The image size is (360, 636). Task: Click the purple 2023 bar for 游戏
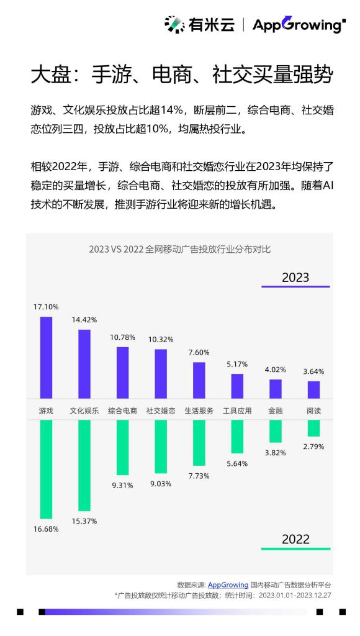pos(46,357)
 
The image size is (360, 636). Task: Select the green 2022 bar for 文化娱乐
pos(84,465)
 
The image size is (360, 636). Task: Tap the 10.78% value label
pos(122,337)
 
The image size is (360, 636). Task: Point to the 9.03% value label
pos(160,483)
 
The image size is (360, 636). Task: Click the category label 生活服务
pos(199,411)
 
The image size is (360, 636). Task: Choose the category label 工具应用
pos(237,411)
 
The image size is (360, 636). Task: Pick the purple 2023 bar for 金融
pos(275,389)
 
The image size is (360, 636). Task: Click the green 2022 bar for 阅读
pos(313,428)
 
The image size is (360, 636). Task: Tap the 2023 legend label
pos(295,278)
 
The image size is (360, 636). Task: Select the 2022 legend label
pos(295,539)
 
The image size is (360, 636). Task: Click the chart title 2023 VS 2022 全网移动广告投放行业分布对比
pos(179,250)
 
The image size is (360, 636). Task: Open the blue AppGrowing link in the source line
pos(227,584)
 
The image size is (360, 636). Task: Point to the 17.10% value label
pos(47,307)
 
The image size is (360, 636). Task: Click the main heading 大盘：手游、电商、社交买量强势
pos(182,75)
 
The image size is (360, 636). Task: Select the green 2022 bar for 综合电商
pos(122,447)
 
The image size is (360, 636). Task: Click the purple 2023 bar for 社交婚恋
pos(160,373)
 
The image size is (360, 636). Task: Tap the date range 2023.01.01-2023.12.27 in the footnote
pos(295,595)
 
